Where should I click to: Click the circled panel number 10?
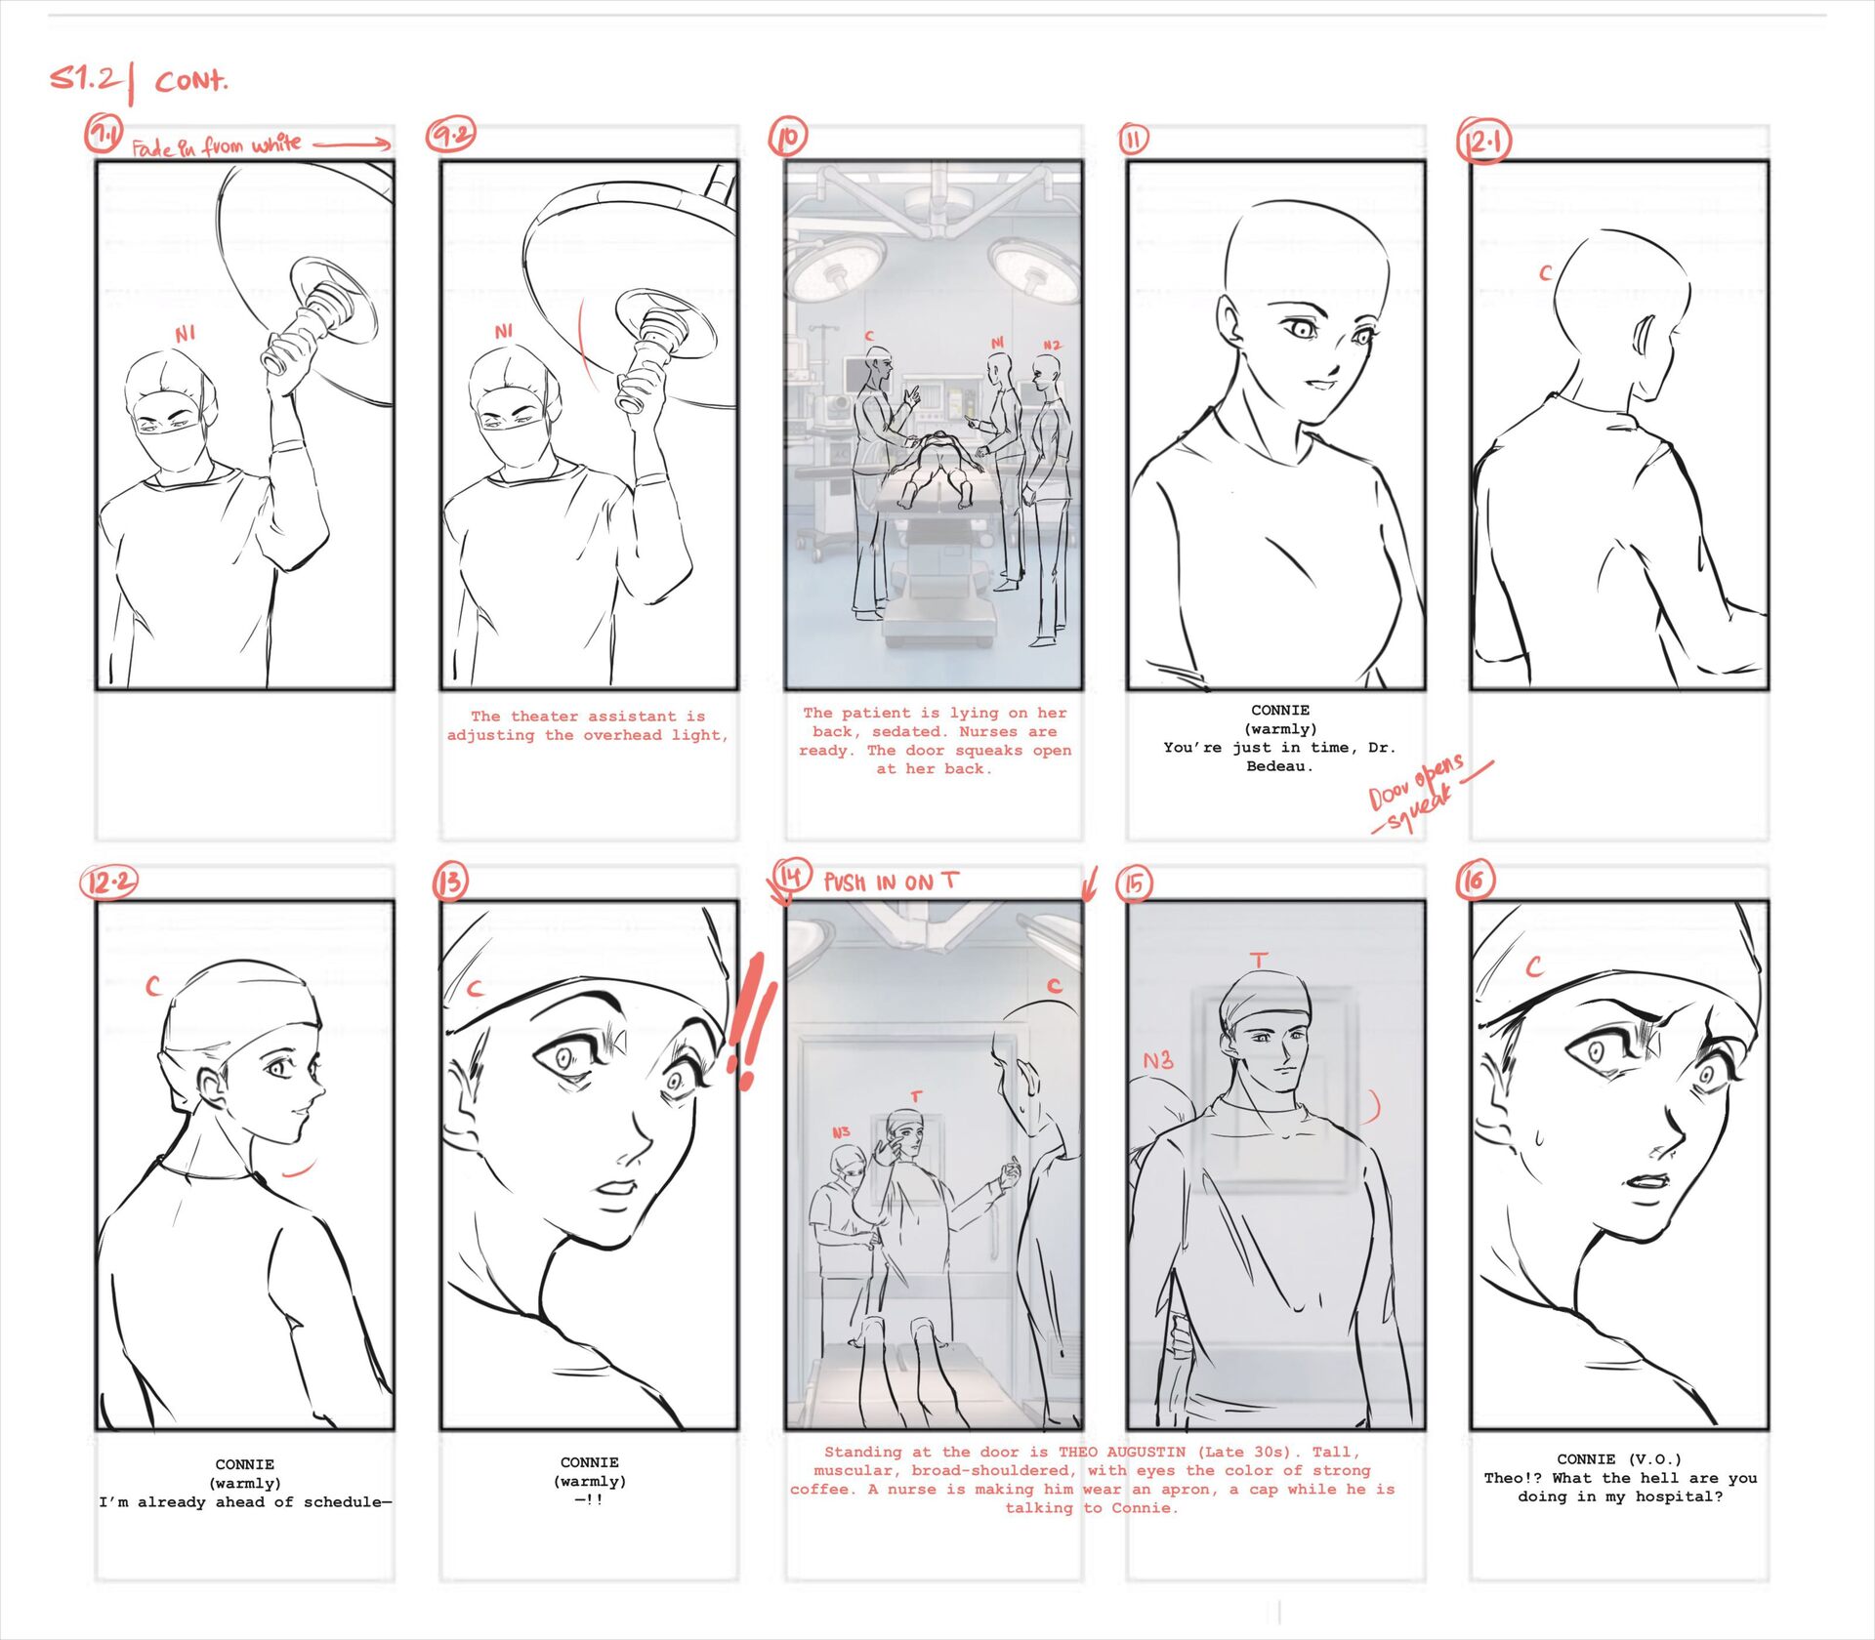pos(788,137)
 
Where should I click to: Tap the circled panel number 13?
pos(450,882)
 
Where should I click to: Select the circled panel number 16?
pos(1475,881)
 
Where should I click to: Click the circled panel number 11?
pos(1133,140)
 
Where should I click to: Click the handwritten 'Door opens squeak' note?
pos(1426,792)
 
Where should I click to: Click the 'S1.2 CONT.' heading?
pos(139,80)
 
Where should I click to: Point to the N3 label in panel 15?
pos(1158,1060)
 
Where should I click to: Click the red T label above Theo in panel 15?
pos(1260,961)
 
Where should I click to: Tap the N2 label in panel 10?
pos(1052,346)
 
